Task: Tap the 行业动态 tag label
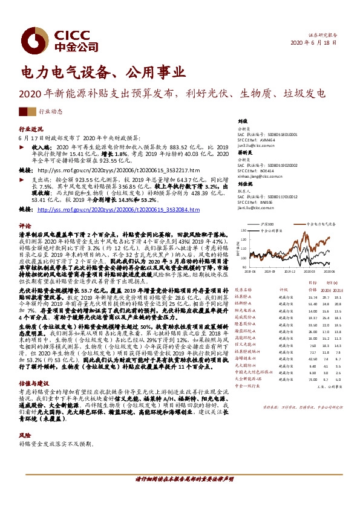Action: tap(50, 112)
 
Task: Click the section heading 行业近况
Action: tap(31, 130)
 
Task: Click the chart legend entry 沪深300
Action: tap(267, 224)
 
